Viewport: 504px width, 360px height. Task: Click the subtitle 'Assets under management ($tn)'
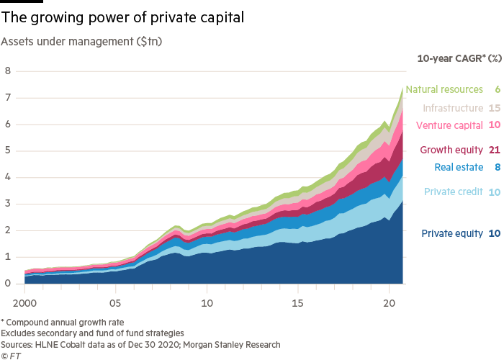[82, 42]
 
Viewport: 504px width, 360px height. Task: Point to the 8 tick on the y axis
[8, 71]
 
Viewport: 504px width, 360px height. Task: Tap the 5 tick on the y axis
[8, 151]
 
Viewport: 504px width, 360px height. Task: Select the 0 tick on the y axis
[8, 284]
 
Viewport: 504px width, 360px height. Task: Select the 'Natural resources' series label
[444, 90]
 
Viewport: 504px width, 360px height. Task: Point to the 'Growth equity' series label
[451, 150]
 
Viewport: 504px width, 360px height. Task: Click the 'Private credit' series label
[454, 192]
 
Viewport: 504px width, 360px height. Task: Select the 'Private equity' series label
[452, 233]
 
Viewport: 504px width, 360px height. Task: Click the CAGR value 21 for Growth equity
[495, 150]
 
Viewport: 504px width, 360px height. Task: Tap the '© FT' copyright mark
[11, 355]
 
